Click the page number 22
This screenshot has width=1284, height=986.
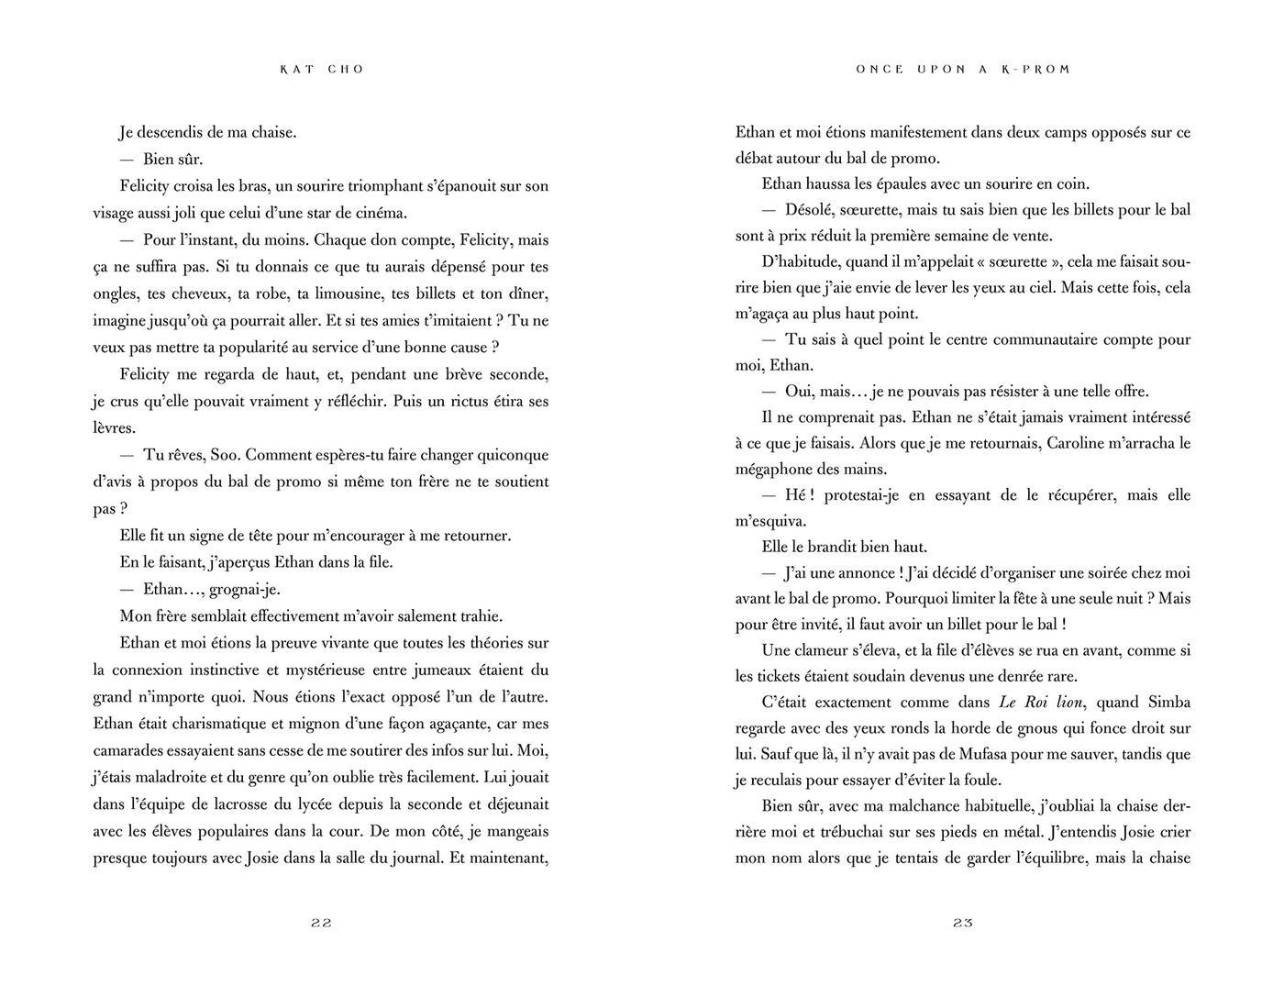[x=321, y=923]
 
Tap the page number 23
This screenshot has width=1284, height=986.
[x=962, y=923]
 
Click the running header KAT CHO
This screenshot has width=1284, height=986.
[x=322, y=70]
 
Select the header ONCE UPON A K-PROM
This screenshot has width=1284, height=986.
[x=963, y=70]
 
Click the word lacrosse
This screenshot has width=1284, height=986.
[x=264, y=804]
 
